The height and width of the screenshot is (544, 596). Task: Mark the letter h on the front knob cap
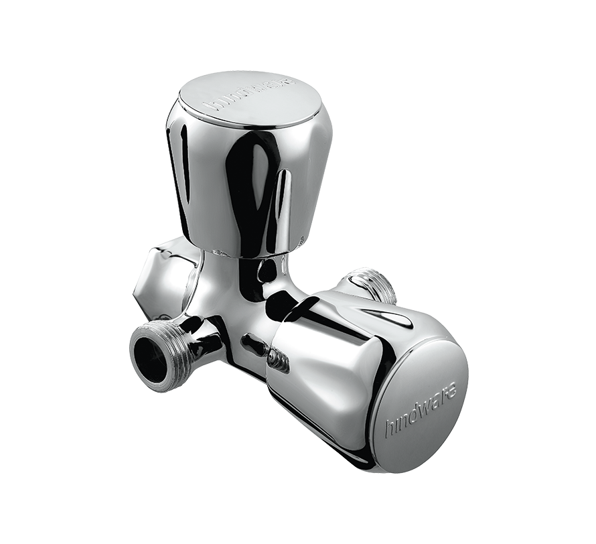389,429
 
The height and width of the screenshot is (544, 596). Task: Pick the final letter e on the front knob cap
453,387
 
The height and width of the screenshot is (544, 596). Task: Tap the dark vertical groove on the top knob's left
179,161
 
